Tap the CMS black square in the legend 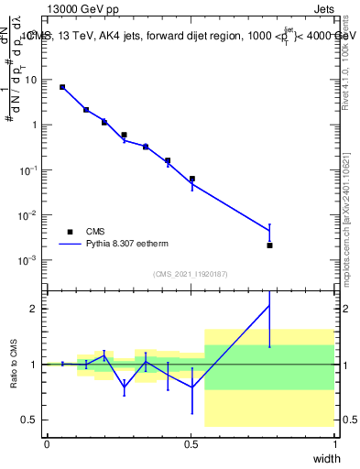[x=70, y=232]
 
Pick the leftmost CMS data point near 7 [x=62, y=87]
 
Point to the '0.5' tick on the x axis [x=191, y=444]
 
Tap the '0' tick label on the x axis [x=47, y=444]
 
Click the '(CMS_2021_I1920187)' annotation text [x=190, y=274]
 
